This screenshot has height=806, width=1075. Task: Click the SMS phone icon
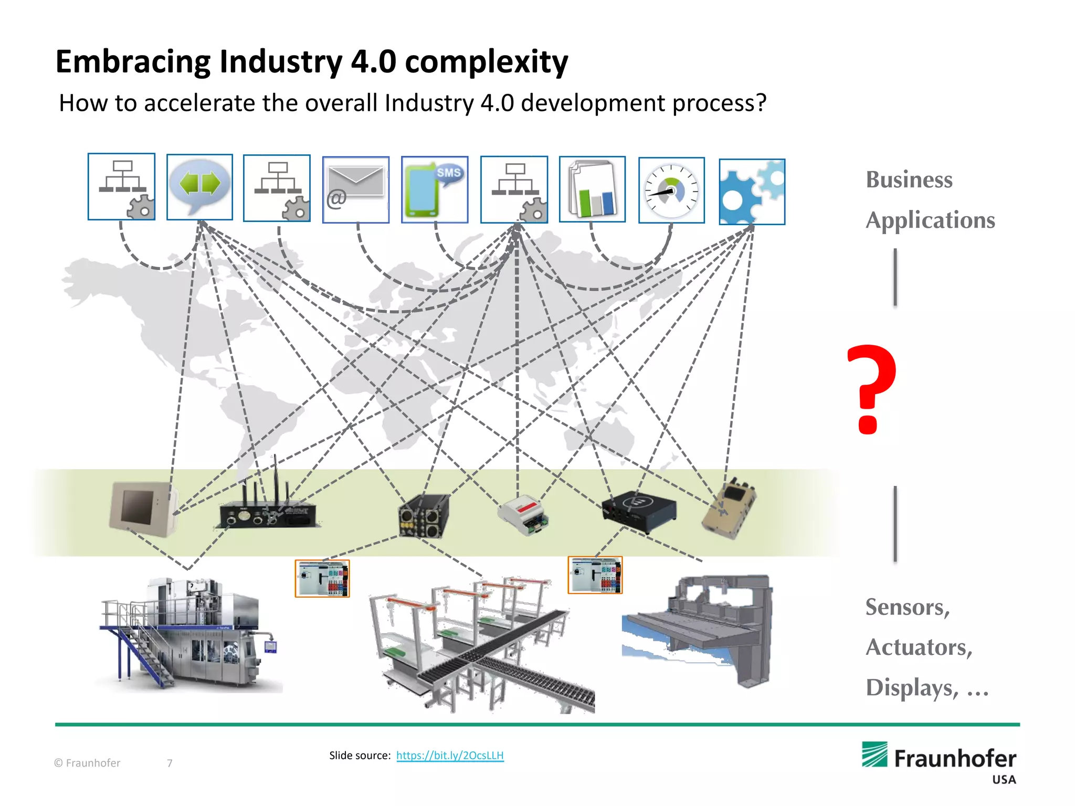click(435, 189)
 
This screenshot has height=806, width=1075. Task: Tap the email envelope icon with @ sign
click(356, 189)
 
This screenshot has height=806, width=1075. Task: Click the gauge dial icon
click(671, 190)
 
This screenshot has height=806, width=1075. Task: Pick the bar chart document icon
click(592, 189)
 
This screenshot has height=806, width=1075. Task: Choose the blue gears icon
click(752, 192)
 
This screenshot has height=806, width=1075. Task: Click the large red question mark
click(871, 388)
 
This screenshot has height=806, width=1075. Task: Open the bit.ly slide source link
click(450, 755)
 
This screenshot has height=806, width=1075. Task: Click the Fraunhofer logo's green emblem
click(874, 755)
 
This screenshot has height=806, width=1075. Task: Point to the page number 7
click(170, 763)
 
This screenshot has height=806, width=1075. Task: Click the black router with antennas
click(268, 512)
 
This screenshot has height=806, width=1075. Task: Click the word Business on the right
click(909, 179)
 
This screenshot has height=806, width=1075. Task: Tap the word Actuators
click(919, 647)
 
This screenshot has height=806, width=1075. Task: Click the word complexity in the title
click(486, 62)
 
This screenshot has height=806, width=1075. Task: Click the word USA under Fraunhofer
click(1004, 780)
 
